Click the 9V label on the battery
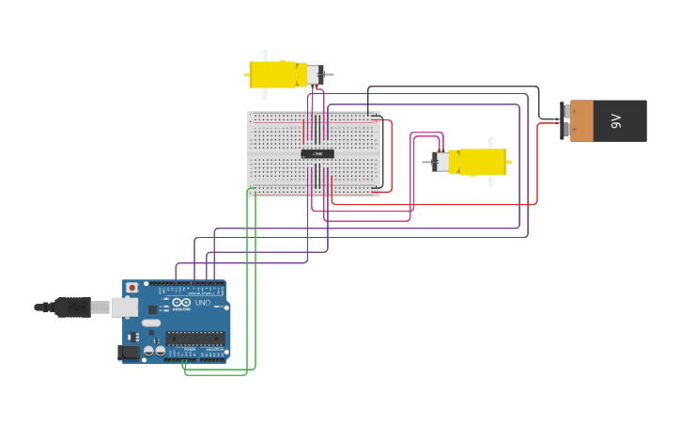click(617, 120)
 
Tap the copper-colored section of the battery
click(581, 120)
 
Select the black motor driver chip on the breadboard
click(317, 153)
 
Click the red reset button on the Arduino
click(132, 288)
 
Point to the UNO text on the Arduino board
click(202, 302)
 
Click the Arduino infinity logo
click(181, 302)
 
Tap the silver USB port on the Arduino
click(124, 308)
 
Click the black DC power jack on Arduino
click(128, 353)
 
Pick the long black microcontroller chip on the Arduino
click(195, 338)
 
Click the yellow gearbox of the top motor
click(272, 74)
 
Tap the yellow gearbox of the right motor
click(479, 162)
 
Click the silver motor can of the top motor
click(314, 74)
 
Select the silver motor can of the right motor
click(440, 162)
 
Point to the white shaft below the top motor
click(264, 93)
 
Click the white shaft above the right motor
click(491, 143)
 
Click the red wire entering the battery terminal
click(549, 124)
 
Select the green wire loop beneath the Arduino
click(216, 373)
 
